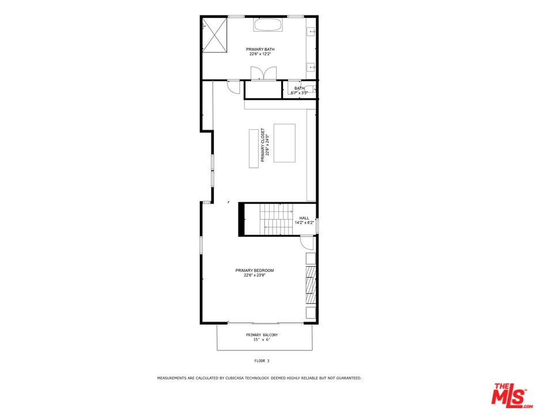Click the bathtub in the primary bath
[x=268, y=25]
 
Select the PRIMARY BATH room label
[x=260, y=50]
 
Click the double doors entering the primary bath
[x=260, y=73]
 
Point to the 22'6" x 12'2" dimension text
[x=260, y=55]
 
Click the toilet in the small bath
[x=312, y=89]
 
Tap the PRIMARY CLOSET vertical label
[x=263, y=145]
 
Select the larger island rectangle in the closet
[x=284, y=143]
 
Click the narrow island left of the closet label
[x=254, y=149]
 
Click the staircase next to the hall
[x=277, y=220]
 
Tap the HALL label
[x=304, y=218]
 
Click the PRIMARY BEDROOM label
[x=254, y=270]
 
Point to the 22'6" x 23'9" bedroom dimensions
[x=254, y=276]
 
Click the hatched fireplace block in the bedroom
[x=311, y=284]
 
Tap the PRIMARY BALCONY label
[x=262, y=335]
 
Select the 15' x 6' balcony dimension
[x=262, y=340]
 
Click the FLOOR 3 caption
[x=262, y=361]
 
